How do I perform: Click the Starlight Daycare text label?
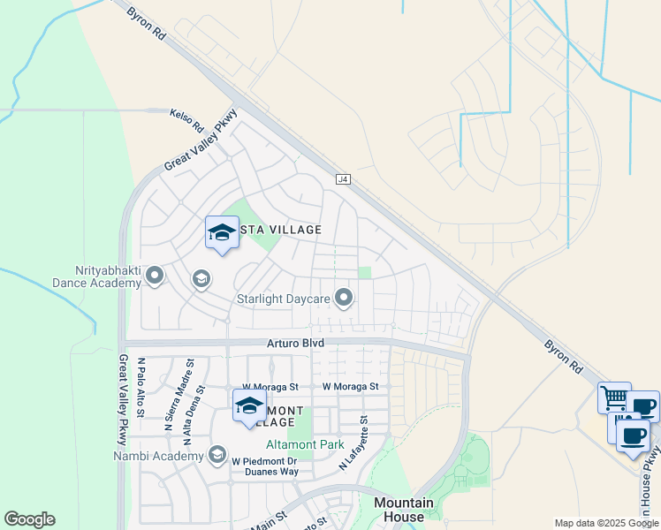[283, 299]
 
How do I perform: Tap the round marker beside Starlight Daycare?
[344, 298]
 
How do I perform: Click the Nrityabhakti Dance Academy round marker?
[155, 276]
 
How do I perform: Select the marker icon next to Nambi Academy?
[217, 455]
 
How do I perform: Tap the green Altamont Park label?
[306, 444]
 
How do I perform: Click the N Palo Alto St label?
[141, 382]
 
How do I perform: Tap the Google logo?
[29, 519]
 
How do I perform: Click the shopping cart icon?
[614, 397]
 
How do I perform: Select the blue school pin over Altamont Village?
[249, 406]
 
